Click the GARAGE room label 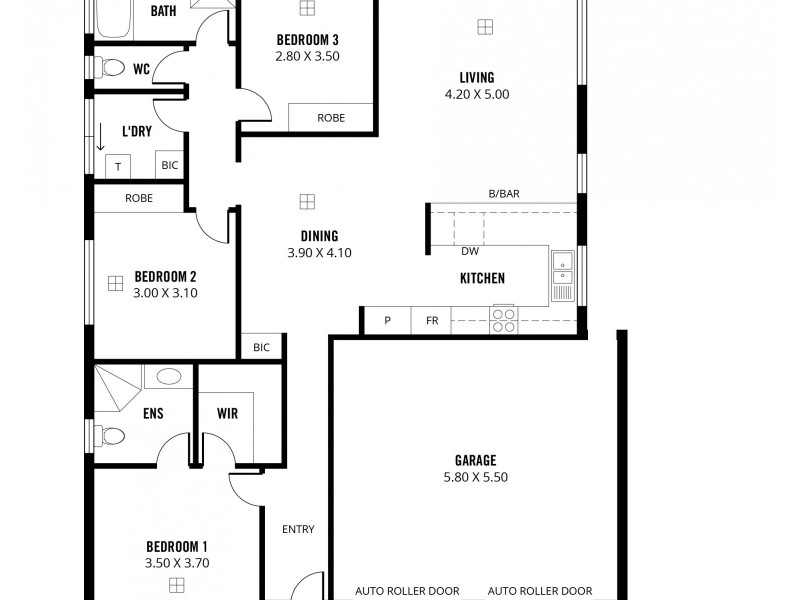click(x=475, y=461)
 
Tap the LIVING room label click(x=476, y=78)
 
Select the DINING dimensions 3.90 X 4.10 click(x=319, y=253)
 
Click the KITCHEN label click(x=482, y=279)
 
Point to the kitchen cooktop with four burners click(x=503, y=320)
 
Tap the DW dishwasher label click(x=469, y=252)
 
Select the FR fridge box click(x=432, y=321)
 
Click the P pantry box click(x=388, y=321)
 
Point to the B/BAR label click(x=503, y=193)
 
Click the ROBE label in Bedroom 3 click(x=331, y=118)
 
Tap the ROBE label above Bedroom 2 click(x=139, y=198)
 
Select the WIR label click(x=227, y=413)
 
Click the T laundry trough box click(x=118, y=167)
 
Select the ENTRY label click(x=298, y=529)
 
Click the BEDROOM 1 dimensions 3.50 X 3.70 click(x=177, y=563)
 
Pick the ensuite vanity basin click(x=169, y=377)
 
